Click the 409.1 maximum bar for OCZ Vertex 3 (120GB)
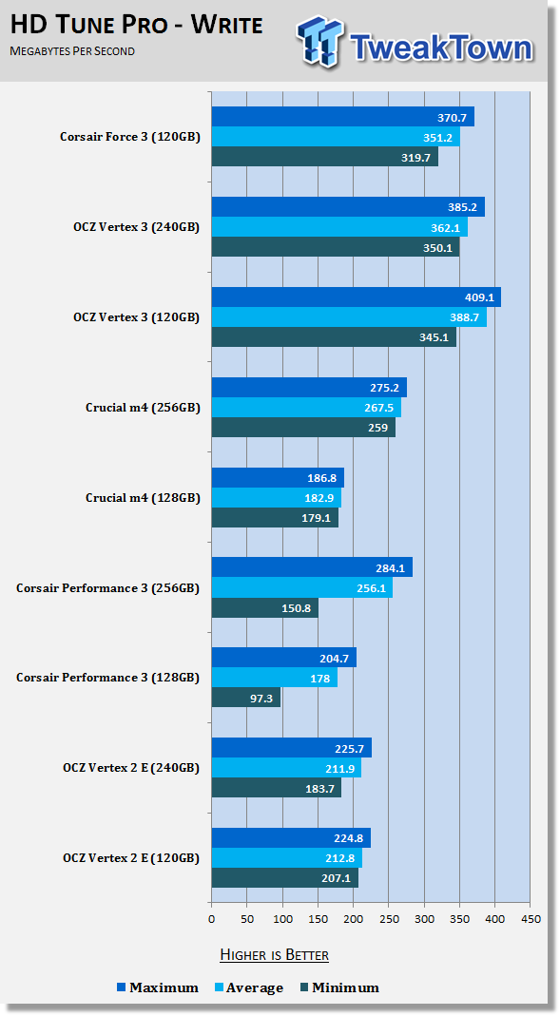(x=357, y=297)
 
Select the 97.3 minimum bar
(x=246, y=698)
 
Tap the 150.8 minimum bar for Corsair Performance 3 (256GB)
(x=265, y=607)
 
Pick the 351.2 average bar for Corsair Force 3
(x=336, y=137)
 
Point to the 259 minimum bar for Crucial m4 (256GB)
(x=303, y=427)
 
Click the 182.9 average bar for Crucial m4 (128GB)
(x=277, y=498)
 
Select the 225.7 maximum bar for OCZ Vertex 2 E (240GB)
(x=292, y=748)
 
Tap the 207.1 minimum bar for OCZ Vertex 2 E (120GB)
(x=285, y=877)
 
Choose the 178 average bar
(x=275, y=678)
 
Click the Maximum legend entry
(x=158, y=987)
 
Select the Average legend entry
(x=248, y=987)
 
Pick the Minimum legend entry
(x=339, y=987)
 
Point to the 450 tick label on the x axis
(x=531, y=919)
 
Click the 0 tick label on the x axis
(x=211, y=919)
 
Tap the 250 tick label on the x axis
(x=388, y=919)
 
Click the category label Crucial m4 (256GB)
(x=143, y=408)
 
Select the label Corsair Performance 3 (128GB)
(x=107, y=678)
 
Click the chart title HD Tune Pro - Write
(x=137, y=26)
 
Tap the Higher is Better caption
(x=274, y=954)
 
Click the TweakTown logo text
(x=441, y=47)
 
